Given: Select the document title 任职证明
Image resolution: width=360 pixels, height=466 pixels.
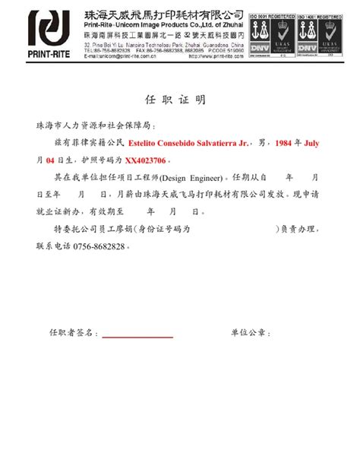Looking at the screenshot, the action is pos(175,101).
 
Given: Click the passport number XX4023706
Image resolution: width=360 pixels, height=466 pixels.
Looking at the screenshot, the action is pos(148,161).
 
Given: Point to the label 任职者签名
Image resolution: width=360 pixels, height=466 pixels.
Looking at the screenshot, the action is pos(73,333).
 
